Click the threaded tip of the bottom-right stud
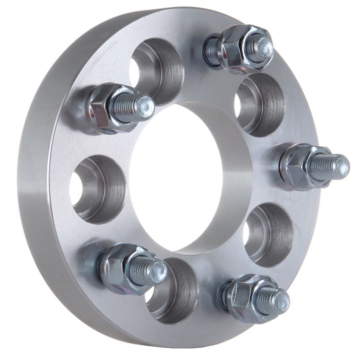280,301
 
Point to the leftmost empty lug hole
98,186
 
